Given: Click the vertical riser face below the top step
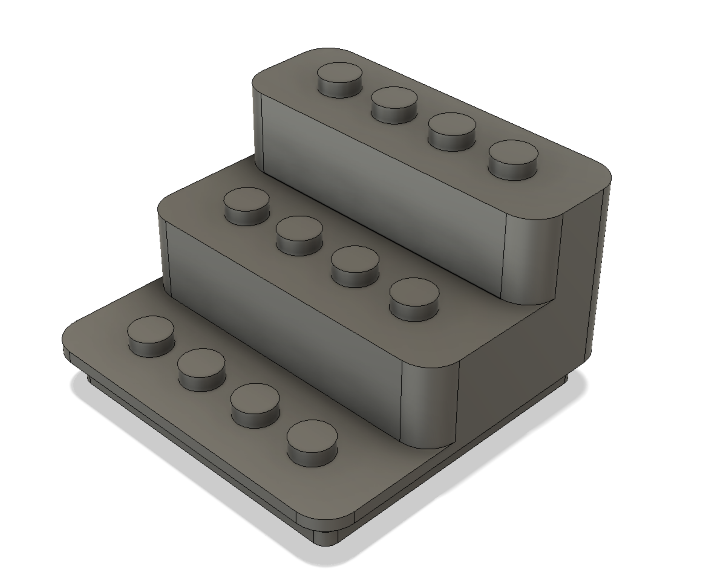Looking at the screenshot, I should point(381,188).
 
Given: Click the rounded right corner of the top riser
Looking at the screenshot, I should point(532,259).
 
